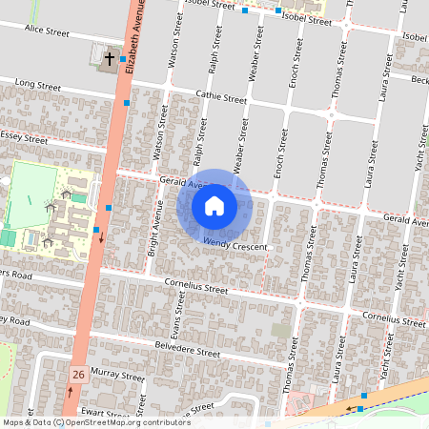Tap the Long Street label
pyautogui.click(x=37, y=87)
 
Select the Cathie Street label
pyautogui.click(x=221, y=98)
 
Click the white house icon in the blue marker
pyautogui.click(x=214, y=205)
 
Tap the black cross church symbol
pyautogui.click(x=109, y=59)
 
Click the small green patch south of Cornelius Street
pyautogui.click(x=280, y=330)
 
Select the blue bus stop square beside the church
pyautogui.click(x=122, y=59)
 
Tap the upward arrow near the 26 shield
pyautogui.click(x=69, y=393)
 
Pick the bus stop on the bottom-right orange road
pyautogui.click(x=363, y=395)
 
